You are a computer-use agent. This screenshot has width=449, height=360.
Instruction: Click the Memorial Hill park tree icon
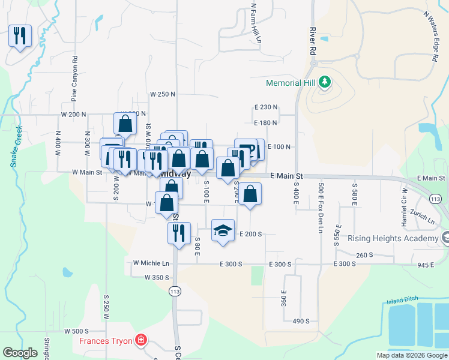(325, 82)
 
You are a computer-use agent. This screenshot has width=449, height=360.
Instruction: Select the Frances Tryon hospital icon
(140, 341)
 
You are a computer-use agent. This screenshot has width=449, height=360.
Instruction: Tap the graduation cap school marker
(223, 231)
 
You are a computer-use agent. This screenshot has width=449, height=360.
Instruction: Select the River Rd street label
(313, 41)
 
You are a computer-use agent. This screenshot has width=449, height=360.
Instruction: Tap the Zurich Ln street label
(423, 216)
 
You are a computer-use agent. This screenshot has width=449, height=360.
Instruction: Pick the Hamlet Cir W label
(404, 198)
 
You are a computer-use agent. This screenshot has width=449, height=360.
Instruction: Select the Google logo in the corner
(20, 353)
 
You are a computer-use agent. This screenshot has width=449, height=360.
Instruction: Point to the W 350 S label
(156, 277)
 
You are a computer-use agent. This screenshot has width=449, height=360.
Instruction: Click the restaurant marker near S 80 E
(179, 232)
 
